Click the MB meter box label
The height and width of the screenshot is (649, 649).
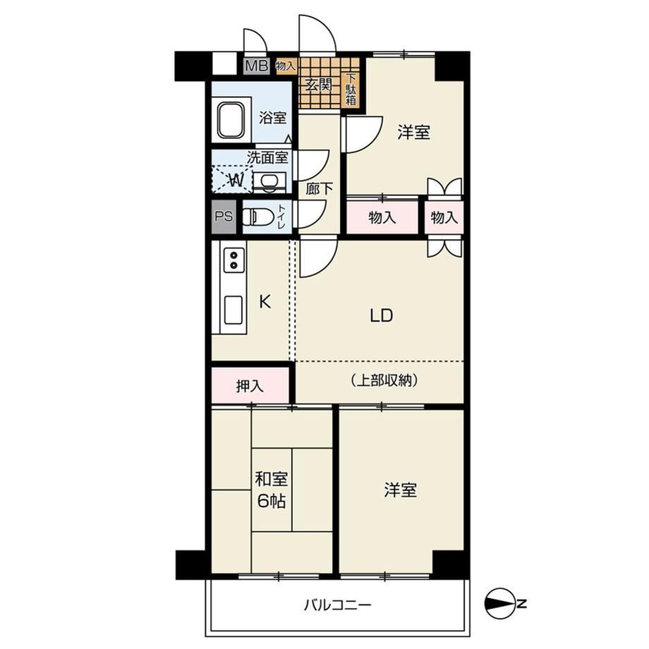(x=257, y=66)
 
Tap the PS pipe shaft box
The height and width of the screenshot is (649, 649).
(x=224, y=217)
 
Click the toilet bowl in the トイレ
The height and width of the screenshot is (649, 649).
(x=258, y=217)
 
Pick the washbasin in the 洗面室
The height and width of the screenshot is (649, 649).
(x=269, y=181)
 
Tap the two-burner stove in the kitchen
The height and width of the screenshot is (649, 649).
(x=233, y=260)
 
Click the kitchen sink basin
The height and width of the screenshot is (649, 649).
(x=233, y=310)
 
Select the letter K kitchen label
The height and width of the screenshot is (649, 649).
(x=265, y=302)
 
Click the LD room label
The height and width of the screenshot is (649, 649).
(x=381, y=316)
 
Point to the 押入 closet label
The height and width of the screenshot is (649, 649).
(x=250, y=386)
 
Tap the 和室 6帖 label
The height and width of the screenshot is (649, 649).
(x=271, y=490)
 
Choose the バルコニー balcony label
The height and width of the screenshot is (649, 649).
(x=338, y=605)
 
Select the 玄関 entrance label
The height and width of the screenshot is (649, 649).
(x=319, y=85)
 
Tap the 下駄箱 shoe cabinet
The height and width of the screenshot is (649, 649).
(x=351, y=89)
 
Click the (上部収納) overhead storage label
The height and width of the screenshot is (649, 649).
(x=383, y=380)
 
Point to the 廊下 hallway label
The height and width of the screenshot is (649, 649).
(x=319, y=189)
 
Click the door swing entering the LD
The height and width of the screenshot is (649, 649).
(x=318, y=258)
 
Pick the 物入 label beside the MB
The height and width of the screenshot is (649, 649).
(x=286, y=66)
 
